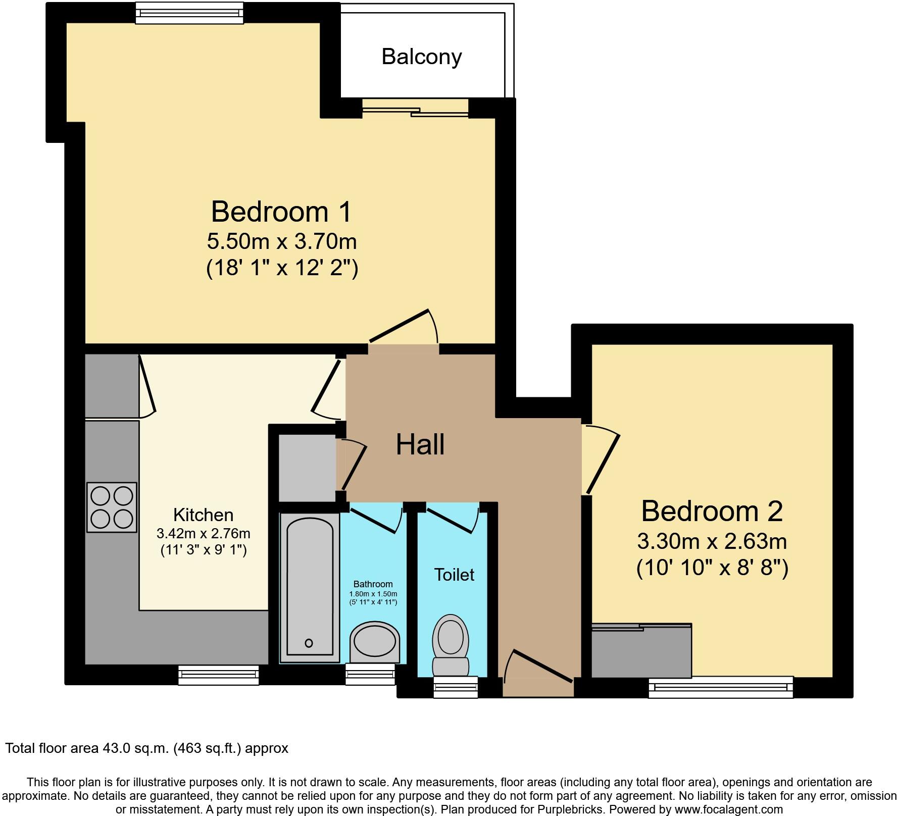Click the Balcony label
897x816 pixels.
click(x=421, y=57)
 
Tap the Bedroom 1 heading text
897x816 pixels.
click(x=281, y=212)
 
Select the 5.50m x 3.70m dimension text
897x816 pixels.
click(x=282, y=241)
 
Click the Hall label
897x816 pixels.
click(x=420, y=445)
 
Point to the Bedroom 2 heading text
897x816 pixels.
click(x=712, y=511)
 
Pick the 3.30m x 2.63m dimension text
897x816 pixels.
click(x=712, y=541)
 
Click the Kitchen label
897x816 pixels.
click(x=203, y=515)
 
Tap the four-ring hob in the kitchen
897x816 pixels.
click(x=112, y=507)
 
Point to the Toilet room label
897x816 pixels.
click(x=454, y=575)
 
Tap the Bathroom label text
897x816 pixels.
click(x=373, y=584)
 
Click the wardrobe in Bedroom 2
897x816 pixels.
click(x=641, y=651)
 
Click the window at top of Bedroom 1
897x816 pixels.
click(x=189, y=13)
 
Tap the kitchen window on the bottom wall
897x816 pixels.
click(x=218, y=675)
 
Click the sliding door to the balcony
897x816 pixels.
click(x=415, y=109)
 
